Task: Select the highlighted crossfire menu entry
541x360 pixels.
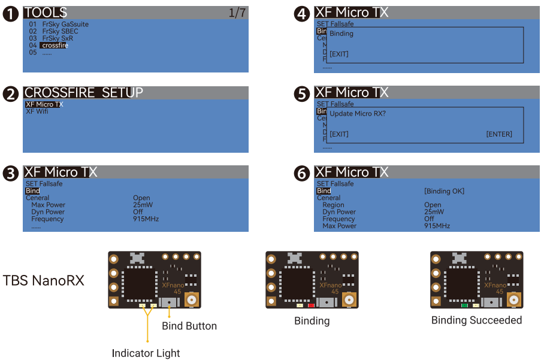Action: pos(54,46)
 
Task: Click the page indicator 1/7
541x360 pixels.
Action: pos(237,13)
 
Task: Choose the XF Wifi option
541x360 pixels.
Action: pos(37,111)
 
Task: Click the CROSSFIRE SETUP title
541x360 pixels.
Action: pos(83,93)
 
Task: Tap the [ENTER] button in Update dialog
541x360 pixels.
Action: pos(499,134)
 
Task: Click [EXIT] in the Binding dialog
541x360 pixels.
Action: pos(339,54)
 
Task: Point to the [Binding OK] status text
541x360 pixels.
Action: pos(444,191)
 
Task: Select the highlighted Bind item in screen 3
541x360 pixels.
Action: pos(32,191)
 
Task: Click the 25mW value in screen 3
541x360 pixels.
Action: pos(143,205)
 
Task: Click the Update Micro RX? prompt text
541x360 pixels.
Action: pos(358,114)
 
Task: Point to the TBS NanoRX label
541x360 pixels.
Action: pos(44,280)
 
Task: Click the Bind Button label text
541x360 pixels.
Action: pos(189,326)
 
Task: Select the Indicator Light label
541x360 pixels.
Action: pos(146,353)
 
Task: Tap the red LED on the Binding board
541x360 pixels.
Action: pos(312,305)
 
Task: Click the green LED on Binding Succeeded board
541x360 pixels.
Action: pos(465,305)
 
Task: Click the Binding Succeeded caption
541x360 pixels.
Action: pos(476,320)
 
